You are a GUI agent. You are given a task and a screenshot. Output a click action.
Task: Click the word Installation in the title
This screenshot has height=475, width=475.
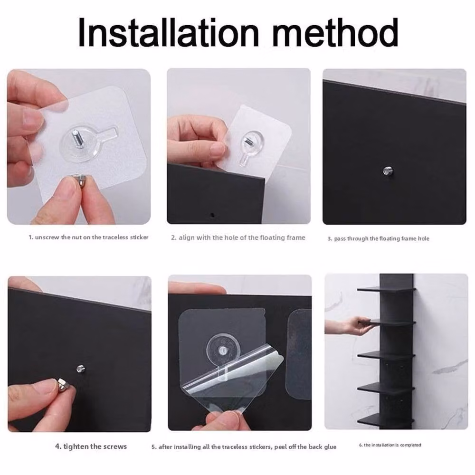169,32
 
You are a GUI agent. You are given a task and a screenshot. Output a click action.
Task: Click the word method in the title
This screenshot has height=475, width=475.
335,32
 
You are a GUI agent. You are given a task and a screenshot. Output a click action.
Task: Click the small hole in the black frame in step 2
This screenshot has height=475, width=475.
212,215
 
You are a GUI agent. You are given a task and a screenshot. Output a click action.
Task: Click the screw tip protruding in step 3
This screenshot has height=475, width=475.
386,170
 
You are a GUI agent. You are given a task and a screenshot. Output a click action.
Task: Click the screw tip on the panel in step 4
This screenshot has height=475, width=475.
80,369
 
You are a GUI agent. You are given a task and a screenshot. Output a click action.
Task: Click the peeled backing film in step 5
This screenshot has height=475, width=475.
233,380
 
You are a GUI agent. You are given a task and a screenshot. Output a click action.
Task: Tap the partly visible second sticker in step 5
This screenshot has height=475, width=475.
299,354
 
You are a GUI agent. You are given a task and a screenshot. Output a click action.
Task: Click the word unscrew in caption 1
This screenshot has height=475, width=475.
47,237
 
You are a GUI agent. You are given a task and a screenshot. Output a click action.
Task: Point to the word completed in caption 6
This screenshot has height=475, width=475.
410,445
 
